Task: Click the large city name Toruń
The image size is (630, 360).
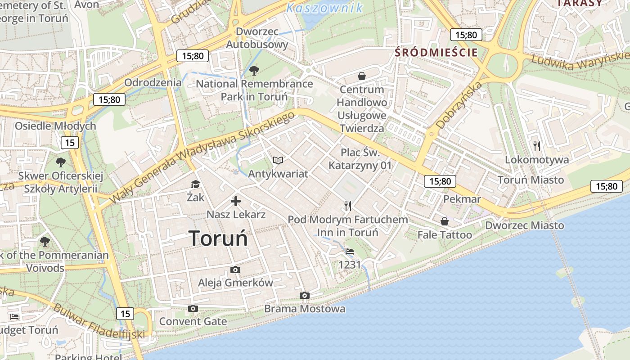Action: [218, 238]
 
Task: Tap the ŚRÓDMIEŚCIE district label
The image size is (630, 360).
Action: [436, 52]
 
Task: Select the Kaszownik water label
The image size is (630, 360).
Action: [324, 8]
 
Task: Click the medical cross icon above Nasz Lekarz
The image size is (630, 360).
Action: [236, 201]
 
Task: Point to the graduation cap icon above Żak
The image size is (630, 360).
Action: [195, 184]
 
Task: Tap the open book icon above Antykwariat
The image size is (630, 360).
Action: [278, 160]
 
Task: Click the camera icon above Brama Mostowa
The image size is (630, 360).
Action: [305, 296]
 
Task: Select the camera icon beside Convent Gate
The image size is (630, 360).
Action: [193, 308]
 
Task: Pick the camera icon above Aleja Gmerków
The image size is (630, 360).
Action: [235, 270]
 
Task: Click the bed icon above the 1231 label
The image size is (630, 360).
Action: [350, 252]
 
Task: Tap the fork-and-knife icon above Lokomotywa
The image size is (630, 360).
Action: [536, 146]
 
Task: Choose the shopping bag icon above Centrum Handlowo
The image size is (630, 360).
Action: [361, 76]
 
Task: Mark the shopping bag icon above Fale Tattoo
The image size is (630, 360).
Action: [445, 221]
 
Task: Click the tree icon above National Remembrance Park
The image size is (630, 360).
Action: [254, 70]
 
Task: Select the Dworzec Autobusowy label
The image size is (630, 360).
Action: [257, 38]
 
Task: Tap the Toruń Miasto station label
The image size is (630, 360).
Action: [531, 180]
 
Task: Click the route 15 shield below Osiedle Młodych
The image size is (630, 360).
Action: [70, 143]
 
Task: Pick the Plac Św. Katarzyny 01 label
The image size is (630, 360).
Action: [360, 159]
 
